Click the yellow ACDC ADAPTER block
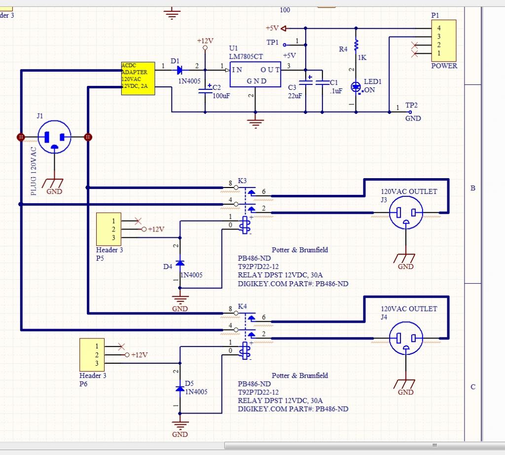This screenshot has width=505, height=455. (138, 78)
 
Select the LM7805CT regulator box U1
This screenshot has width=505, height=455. (255, 75)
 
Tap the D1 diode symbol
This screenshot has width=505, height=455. (179, 70)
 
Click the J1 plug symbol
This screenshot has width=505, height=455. (54, 137)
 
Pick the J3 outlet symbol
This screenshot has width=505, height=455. (406, 213)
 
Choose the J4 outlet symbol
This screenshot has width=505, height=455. (406, 338)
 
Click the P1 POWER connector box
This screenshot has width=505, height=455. (444, 40)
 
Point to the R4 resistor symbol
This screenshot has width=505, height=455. (356, 45)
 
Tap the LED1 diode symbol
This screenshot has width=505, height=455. (356, 87)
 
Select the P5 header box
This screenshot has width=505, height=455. (109, 229)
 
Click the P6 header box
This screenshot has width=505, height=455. (92, 354)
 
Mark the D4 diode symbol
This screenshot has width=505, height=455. (180, 263)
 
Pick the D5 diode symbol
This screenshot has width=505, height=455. (180, 388)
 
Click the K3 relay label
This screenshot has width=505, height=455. (242, 181)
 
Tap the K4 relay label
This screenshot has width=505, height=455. (242, 306)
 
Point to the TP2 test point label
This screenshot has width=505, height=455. (411, 105)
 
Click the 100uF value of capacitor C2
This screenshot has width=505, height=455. (221, 96)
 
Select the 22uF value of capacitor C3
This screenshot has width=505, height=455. (295, 96)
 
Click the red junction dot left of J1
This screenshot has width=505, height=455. (21, 137)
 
